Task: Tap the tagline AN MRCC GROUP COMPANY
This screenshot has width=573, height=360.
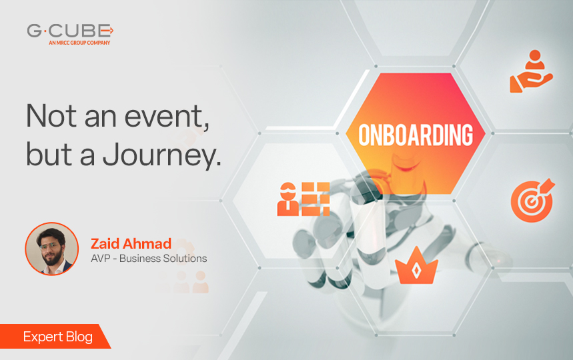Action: click(x=79, y=43)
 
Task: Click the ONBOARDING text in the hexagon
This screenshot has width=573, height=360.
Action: click(x=416, y=135)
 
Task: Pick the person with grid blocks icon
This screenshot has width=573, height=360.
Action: click(x=304, y=198)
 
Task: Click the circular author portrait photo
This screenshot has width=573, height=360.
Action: click(x=52, y=249)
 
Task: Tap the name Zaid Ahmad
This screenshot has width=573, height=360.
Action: click(x=130, y=243)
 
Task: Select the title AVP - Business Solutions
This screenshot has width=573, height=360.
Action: click(x=148, y=258)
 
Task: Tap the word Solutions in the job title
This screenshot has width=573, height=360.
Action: click(x=181, y=258)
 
